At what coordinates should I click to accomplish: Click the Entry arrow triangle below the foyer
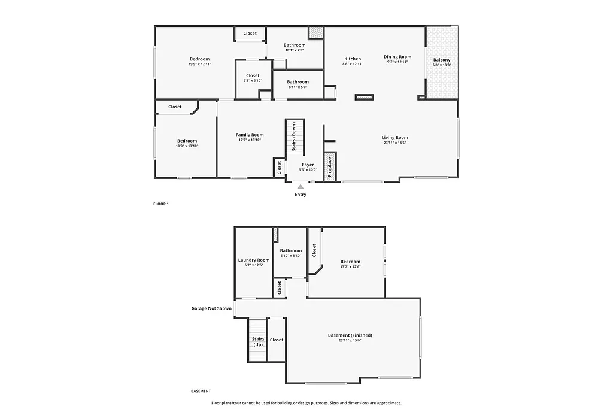tap(301, 187)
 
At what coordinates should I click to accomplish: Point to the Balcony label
tap(442, 60)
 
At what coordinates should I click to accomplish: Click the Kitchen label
tap(353, 59)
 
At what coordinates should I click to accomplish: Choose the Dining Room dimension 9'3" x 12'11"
tap(397, 62)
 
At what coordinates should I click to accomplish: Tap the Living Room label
tap(394, 138)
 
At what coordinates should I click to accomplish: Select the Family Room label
tap(249, 135)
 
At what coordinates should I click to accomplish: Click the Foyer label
tap(308, 165)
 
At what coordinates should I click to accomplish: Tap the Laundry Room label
tap(254, 260)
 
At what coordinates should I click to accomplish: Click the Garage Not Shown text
tap(211, 308)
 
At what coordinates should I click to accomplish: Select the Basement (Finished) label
tap(350, 335)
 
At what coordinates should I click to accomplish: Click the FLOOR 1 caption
tap(161, 204)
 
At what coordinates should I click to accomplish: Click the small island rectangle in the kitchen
tap(364, 97)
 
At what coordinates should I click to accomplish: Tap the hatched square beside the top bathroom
tap(315, 33)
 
